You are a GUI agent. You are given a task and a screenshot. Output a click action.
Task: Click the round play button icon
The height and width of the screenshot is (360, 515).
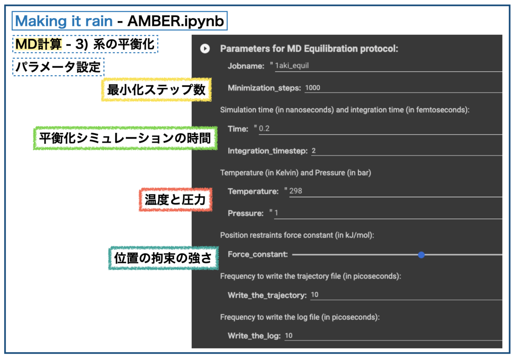coord(205,48)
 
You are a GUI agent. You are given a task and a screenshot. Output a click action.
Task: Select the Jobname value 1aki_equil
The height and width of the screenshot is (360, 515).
coord(292,66)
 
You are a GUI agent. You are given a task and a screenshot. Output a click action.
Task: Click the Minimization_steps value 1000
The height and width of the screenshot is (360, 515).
coord(312,88)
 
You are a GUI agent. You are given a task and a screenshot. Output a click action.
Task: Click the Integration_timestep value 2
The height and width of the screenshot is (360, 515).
coord(314,151)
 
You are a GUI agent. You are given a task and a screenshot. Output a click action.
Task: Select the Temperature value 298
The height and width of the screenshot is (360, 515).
coord(296,191)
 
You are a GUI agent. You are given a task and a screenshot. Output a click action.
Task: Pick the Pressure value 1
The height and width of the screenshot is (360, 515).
coord(277,213)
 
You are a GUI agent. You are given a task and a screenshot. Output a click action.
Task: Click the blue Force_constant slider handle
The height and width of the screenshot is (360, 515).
coord(421,255)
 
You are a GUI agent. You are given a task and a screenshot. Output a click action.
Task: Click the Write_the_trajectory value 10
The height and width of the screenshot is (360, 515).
coord(315,295)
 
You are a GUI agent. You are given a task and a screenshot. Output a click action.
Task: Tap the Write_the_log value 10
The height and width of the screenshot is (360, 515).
coord(288,336)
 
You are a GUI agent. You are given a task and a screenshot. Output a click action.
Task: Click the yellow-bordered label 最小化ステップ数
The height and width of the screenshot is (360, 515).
coord(156,90)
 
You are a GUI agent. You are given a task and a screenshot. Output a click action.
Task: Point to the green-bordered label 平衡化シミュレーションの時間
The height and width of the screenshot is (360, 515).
coord(124,138)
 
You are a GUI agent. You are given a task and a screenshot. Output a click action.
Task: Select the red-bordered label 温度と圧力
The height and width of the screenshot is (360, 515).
coord(176,199)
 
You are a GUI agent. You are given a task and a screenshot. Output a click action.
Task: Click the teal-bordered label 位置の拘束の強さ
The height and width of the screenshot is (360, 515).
coord(163,258)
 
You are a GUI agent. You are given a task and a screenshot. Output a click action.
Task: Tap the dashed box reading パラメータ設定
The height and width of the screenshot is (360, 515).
coord(58,67)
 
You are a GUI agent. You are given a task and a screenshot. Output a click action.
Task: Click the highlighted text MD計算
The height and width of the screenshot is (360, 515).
coord(39,44)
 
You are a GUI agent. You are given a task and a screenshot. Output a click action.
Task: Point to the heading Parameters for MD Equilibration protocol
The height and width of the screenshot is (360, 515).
coord(309,48)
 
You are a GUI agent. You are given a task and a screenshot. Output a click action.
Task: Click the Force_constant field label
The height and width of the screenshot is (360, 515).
coord(257,254)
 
